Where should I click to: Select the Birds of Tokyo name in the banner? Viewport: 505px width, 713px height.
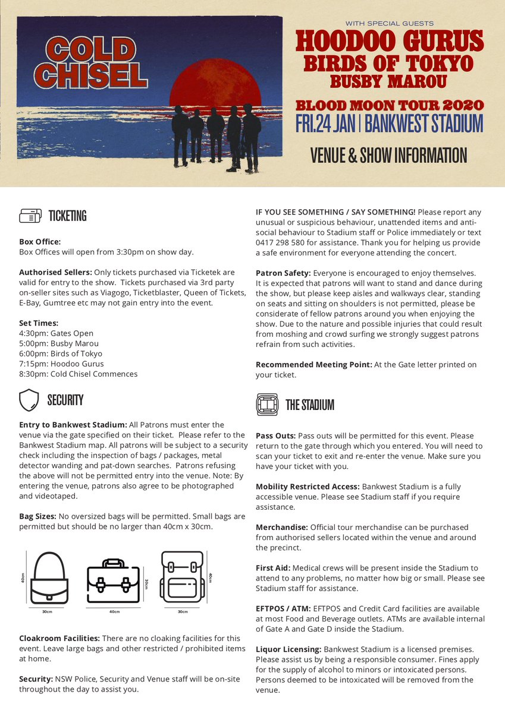tap(389, 63)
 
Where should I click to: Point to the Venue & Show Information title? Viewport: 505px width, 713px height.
tap(388, 156)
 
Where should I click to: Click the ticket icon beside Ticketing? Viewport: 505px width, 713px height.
tap(30, 216)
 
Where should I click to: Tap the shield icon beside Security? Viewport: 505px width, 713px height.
tap(29, 400)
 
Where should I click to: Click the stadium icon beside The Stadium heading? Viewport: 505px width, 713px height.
tap(267, 405)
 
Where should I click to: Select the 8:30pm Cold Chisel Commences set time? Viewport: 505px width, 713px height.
tap(79, 374)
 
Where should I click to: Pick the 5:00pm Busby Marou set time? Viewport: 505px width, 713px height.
tap(59, 343)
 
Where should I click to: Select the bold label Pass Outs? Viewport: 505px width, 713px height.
tap(276, 436)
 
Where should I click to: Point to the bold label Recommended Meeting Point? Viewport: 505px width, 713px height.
tap(313, 364)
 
